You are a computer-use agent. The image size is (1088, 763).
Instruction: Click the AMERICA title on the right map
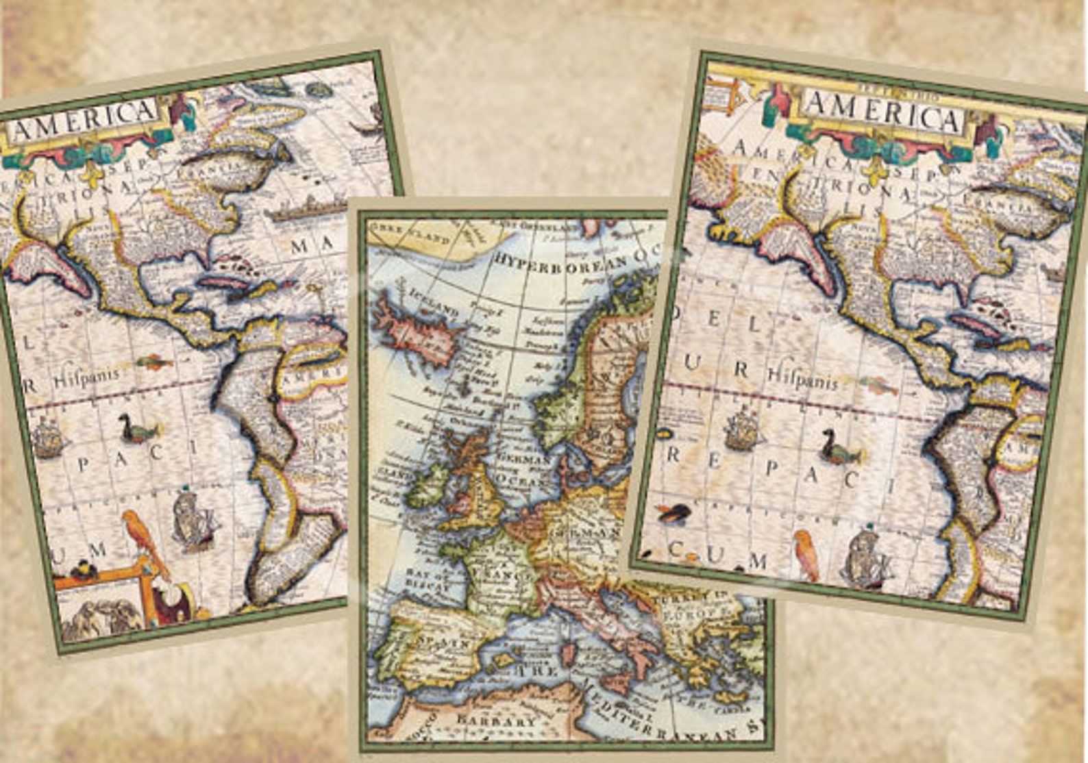(883, 114)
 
